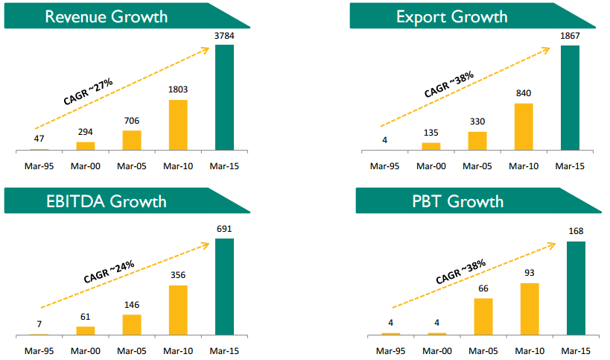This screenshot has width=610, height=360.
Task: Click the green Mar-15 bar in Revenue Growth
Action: [x=224, y=98]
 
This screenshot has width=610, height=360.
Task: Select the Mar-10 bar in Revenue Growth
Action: [x=178, y=124]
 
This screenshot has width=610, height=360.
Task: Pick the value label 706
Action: [x=132, y=121]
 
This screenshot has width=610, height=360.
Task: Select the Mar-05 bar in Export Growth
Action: [x=477, y=141]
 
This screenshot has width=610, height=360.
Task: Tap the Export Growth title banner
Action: [x=462, y=16]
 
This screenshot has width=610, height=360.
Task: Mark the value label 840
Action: [x=524, y=94]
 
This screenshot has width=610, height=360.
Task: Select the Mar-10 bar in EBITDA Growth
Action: [x=178, y=309]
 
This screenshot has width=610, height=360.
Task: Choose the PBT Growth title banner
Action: [x=462, y=201]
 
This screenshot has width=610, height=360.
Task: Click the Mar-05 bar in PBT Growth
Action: [x=483, y=316]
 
